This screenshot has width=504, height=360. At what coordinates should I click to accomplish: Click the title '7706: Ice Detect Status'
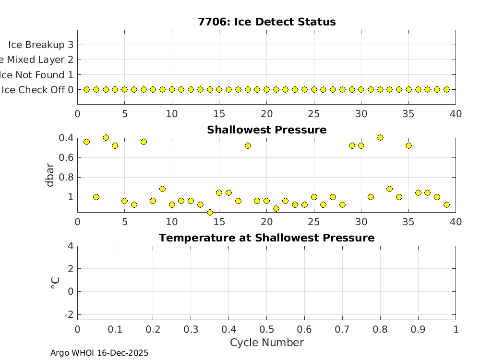(266, 22)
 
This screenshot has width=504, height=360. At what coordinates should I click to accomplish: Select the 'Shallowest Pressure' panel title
(266, 130)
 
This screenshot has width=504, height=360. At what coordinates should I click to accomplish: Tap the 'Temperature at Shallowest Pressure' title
(266, 238)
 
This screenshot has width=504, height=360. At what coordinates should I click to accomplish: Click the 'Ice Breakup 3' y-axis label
(41, 45)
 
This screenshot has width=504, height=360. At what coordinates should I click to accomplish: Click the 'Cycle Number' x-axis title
(266, 342)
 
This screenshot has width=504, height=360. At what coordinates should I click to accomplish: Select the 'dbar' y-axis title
(50, 175)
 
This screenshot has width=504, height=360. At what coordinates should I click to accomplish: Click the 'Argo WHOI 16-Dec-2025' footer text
(99, 353)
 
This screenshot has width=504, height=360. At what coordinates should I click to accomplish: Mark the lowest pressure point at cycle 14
(210, 212)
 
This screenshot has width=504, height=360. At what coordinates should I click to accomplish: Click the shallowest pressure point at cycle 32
(380, 137)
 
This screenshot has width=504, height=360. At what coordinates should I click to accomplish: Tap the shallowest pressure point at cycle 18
(248, 145)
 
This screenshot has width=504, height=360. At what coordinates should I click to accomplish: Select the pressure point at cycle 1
(87, 142)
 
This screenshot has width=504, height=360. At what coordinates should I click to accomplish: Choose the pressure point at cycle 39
(446, 204)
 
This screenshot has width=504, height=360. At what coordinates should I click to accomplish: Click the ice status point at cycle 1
(87, 89)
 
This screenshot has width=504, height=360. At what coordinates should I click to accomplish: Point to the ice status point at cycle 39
(446, 89)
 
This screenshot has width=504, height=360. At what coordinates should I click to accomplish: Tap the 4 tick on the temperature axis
(71, 246)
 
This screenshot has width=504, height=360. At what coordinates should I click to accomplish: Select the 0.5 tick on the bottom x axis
(266, 329)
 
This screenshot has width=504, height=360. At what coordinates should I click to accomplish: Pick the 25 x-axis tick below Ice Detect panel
(314, 114)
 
